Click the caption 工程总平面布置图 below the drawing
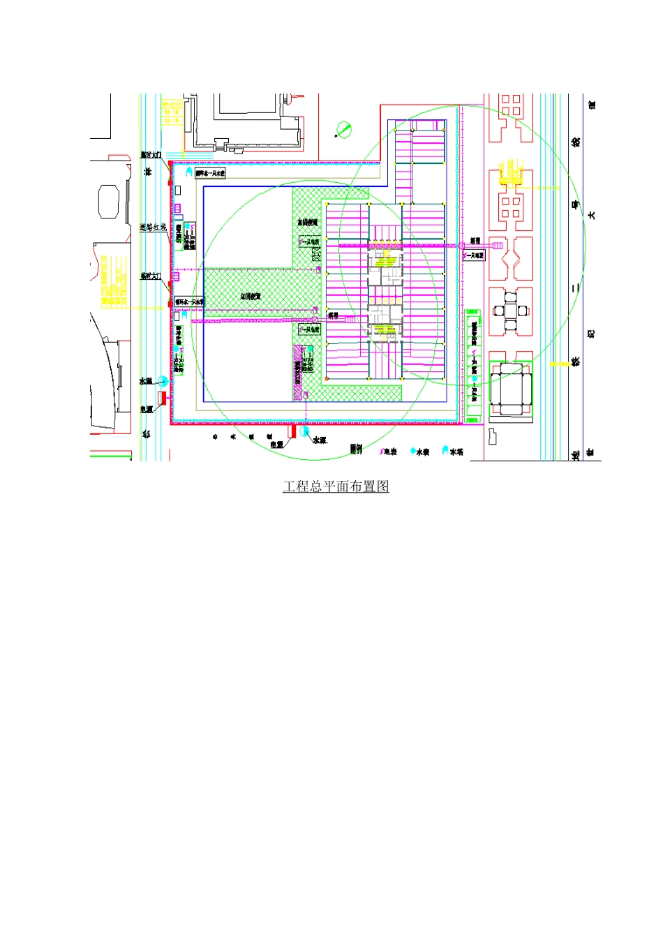pyautogui.click(x=336, y=486)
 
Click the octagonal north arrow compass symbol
pyautogui.click(x=343, y=130)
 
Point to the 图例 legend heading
pyautogui.click(x=356, y=449)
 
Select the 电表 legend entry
pyautogui.click(x=389, y=452)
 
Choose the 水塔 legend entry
pyautogui.click(x=454, y=452)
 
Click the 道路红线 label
pyautogui.click(x=153, y=228)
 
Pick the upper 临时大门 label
pyautogui.click(x=151, y=154)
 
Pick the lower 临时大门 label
pyautogui.click(x=151, y=276)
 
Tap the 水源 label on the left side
pyautogui.click(x=145, y=381)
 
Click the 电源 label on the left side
pyautogui.click(x=145, y=410)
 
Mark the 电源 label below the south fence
pyautogui.click(x=277, y=444)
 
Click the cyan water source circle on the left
pyautogui.click(x=163, y=381)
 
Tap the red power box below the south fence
pyautogui.click(x=292, y=432)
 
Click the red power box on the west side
pyautogui.click(x=162, y=398)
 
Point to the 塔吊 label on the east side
pyautogui.click(x=475, y=241)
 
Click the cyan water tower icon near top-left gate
pyautogui.click(x=188, y=170)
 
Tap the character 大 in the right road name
pyautogui.click(x=592, y=215)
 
